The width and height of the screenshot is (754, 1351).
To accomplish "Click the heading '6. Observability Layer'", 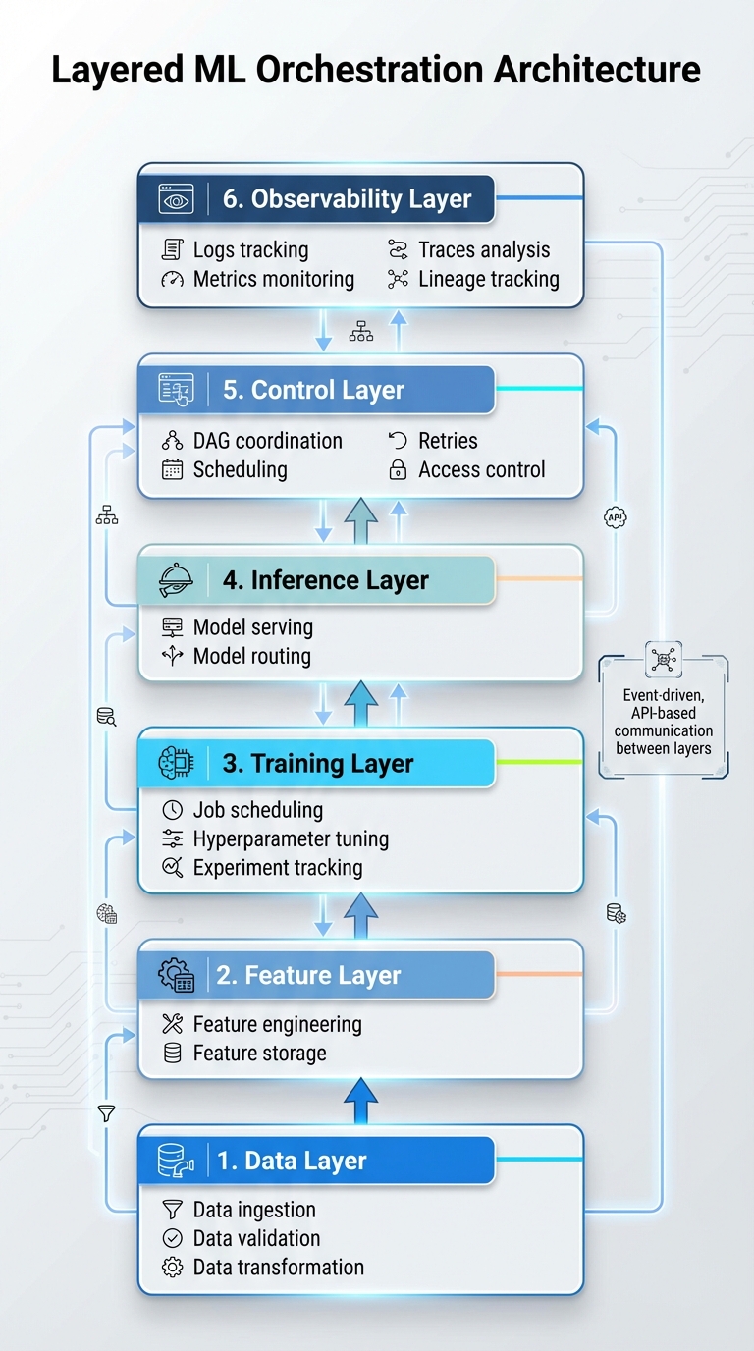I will [x=347, y=198].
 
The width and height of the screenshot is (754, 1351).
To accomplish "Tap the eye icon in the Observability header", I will [x=177, y=199].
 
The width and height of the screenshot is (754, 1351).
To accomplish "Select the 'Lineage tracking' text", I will [x=488, y=279].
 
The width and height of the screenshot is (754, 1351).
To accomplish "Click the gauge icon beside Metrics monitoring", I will [x=172, y=280].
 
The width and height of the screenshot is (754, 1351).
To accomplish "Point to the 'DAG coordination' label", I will [x=267, y=441].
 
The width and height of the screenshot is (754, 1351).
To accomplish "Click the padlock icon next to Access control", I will [x=398, y=470].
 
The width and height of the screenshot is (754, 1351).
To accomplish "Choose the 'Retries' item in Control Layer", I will [x=448, y=441].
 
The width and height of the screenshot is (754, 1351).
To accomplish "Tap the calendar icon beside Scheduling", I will [x=172, y=470].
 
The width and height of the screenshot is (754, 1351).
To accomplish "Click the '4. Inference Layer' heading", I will [x=325, y=580].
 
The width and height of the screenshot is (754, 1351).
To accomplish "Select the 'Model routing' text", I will [x=251, y=656].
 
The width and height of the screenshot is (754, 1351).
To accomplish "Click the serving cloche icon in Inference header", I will [x=177, y=581].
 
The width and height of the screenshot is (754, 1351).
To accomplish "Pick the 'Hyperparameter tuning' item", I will [x=291, y=839].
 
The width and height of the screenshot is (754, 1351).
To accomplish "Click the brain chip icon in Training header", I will [x=177, y=764].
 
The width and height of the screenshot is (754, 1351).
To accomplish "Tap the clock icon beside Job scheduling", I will [x=172, y=810].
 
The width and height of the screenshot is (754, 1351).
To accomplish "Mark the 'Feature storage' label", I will [x=259, y=1054].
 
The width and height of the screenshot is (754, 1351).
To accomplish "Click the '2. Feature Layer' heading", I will [x=308, y=976].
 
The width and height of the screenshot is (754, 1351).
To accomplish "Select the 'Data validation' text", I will [x=256, y=1238].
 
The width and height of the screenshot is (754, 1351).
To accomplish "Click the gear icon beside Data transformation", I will [x=172, y=1268].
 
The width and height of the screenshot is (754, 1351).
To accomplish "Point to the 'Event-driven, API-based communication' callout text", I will [x=664, y=722].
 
